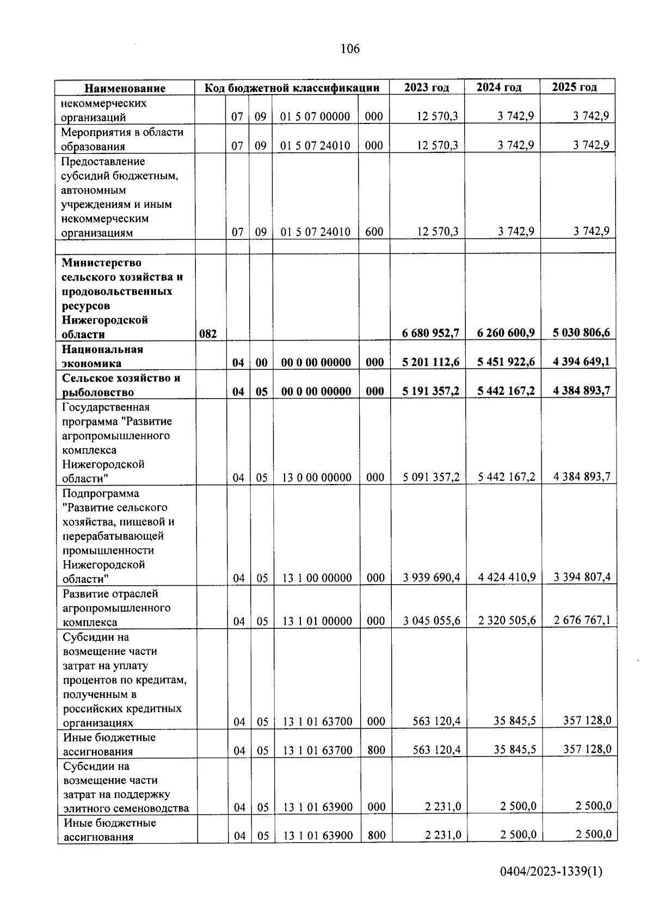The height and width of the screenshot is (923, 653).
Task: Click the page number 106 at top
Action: [350, 49]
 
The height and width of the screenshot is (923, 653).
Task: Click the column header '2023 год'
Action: [427, 88]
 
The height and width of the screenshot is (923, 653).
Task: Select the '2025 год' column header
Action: [574, 87]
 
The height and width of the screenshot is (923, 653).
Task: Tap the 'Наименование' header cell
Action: [125, 88]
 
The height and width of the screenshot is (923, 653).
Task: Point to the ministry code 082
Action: [208, 334]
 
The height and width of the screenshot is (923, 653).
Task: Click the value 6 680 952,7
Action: [430, 333]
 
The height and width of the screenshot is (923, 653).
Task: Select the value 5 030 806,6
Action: [581, 332]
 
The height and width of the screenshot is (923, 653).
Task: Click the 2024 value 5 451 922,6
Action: [506, 362]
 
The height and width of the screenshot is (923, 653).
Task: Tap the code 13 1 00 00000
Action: [317, 578]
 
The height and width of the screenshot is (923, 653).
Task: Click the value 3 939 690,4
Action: [432, 577]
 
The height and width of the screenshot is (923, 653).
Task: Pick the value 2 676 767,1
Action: [582, 620]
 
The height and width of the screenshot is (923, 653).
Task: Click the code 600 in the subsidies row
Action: [374, 232]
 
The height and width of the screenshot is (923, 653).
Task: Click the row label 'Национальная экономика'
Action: [102, 356]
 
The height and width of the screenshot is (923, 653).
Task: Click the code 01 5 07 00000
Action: [315, 116]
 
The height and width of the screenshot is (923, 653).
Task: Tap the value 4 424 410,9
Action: [507, 577]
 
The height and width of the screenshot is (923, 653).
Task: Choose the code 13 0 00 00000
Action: [317, 478]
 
